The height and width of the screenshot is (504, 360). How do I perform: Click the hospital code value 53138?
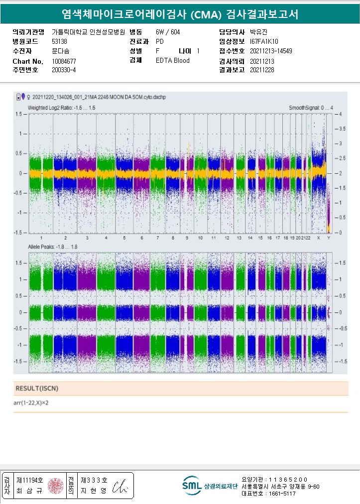60,41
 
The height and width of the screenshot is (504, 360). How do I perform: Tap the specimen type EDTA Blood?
172,61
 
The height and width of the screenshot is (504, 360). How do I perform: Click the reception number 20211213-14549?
271,51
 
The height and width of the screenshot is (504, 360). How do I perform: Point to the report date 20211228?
262,70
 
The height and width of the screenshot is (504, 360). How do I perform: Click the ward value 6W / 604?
168,32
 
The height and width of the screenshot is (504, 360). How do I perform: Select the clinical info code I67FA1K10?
264,41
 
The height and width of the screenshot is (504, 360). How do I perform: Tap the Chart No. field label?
28,61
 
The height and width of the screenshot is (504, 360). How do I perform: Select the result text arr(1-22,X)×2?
32,402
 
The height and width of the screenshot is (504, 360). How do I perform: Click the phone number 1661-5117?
281,494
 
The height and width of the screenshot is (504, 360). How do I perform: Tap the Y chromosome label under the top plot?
328,238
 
